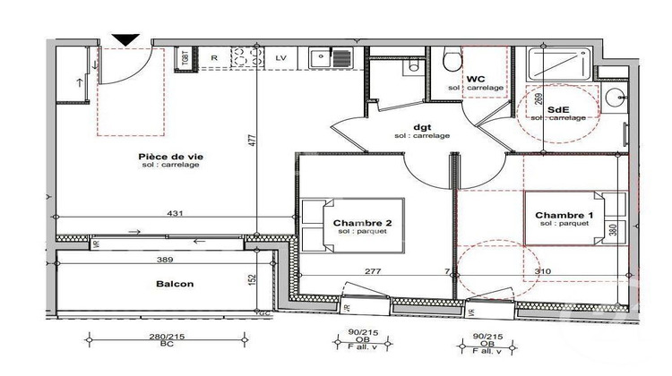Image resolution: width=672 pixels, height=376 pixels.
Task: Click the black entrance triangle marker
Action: [x=125, y=38]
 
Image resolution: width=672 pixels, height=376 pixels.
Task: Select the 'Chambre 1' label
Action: [x=564, y=216]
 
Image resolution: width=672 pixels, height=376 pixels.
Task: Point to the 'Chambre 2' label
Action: [x=362, y=223]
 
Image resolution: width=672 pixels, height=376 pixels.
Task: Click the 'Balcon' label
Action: [x=175, y=284]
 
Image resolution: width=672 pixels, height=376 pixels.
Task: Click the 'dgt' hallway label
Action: [x=421, y=126]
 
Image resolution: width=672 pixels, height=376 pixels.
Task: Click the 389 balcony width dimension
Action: [x=162, y=258]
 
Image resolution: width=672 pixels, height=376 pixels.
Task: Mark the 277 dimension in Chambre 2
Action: [x=375, y=270]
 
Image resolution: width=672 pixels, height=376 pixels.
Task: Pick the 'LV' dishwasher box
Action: [x=281, y=58]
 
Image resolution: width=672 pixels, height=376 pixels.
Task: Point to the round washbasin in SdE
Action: [x=614, y=96]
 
